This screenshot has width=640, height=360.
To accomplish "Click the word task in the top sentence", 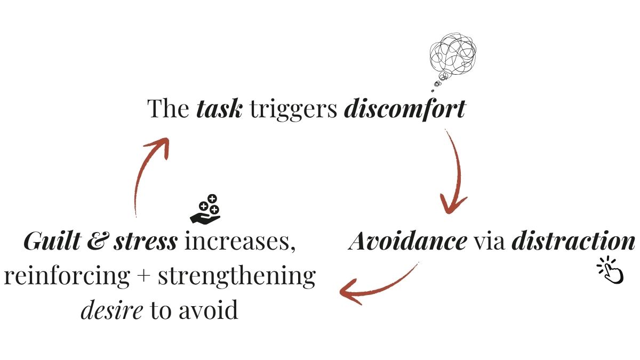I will click(x=219, y=109).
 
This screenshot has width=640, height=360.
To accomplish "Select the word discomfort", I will click(x=405, y=109).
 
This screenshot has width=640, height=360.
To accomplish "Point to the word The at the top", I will click(x=169, y=109).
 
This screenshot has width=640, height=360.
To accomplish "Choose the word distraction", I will click(x=573, y=242).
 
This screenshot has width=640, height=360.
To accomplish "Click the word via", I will click(x=489, y=242).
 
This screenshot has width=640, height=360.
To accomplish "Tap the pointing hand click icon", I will click(x=610, y=270).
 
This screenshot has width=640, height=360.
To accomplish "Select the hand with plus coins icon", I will click(x=206, y=209).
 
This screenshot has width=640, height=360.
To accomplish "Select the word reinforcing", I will click(x=66, y=276).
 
